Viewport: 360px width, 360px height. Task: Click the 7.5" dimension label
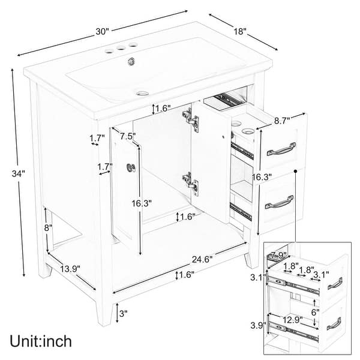pos(127,136)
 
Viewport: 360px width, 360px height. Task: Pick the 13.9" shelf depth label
pos(70,269)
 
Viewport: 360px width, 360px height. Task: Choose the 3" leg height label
pos(123,313)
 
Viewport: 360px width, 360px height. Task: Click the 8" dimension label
pos(48,228)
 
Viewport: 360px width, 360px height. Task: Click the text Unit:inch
pos(40,341)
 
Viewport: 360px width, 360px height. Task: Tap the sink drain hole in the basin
pos(143,92)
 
